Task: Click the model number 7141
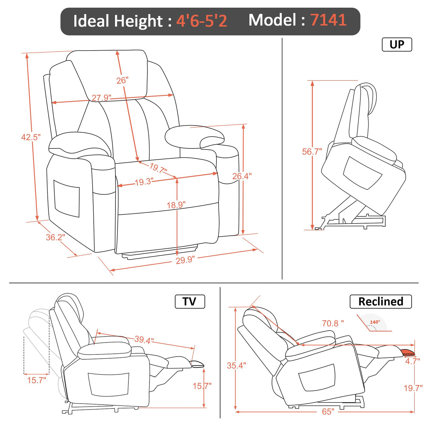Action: pos(328,20)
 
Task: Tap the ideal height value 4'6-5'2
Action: pos(201,21)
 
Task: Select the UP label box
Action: pos(397,45)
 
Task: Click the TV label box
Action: pos(189,301)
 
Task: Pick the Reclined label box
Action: pos(380,301)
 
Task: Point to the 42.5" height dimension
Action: pos(31,137)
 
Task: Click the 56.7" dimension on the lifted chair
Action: pos(312,152)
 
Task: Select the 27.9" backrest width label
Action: pos(101,98)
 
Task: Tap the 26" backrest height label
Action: pos(122,80)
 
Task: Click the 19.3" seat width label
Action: pos(144,182)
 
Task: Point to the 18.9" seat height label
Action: pos(176,205)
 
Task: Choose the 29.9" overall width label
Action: pos(185,260)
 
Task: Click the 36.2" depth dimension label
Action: pos(55,237)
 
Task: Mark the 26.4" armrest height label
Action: pos(242,176)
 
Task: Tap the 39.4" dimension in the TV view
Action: pos(144,340)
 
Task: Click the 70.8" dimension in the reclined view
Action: pos(333,323)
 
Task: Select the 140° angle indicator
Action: pos(375,322)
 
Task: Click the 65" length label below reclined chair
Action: pos(328,412)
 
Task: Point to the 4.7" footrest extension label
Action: pos(412,361)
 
